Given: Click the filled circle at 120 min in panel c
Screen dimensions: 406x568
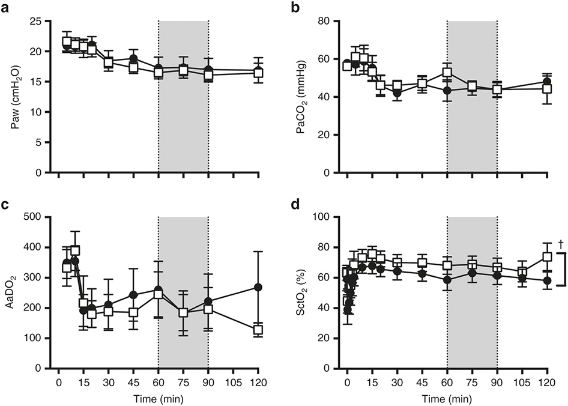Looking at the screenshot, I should [x=258, y=287].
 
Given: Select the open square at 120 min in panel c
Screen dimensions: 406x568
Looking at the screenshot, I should [x=258, y=330].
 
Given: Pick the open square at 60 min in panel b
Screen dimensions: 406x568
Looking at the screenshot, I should [x=447, y=73].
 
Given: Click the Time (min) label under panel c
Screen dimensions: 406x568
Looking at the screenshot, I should [x=159, y=399].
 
